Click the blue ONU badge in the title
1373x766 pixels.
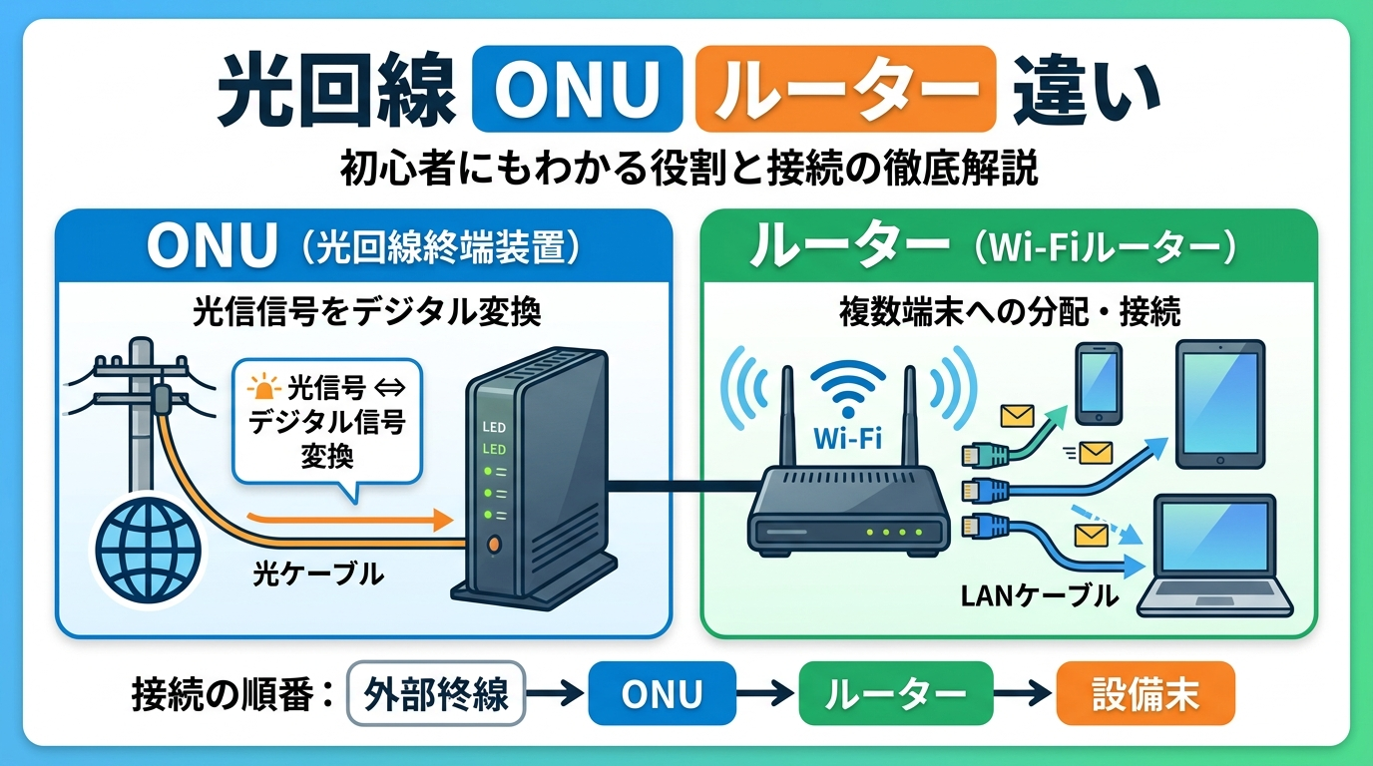click(577, 89)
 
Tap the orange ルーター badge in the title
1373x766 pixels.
click(846, 89)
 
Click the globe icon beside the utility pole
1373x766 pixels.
click(149, 550)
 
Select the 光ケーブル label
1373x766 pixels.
click(318, 574)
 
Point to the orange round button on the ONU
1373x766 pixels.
click(492, 545)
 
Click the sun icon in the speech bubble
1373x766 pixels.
click(263, 387)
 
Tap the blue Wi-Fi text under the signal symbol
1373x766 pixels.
click(848, 438)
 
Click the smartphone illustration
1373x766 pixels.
click(1100, 384)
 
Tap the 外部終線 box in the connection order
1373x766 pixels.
click(436, 694)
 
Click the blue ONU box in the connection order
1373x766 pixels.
click(662, 694)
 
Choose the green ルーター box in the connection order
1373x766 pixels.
click(895, 694)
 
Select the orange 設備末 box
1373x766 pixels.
click(1145, 694)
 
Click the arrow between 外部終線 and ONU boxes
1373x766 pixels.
click(556, 694)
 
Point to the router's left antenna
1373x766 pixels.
click(787, 417)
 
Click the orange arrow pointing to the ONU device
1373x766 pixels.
click(350, 519)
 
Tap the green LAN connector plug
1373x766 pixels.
click(985, 455)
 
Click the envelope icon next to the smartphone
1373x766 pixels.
click(1018, 417)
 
